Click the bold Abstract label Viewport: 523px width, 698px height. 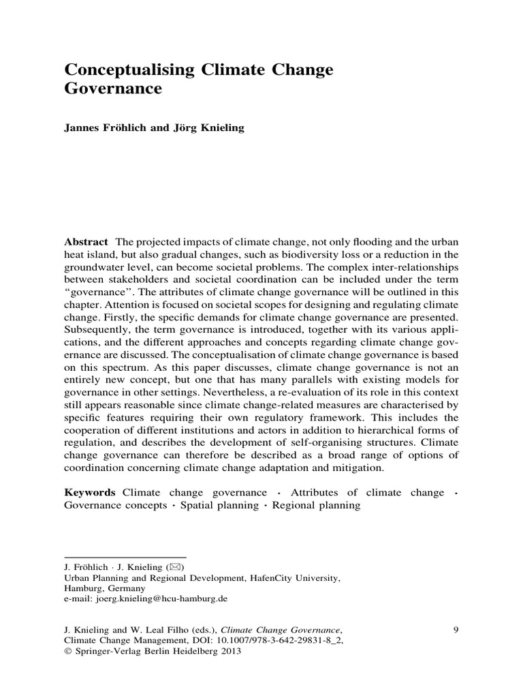(x=86, y=242)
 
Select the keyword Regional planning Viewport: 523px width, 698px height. (x=316, y=506)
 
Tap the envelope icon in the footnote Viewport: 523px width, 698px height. (x=177, y=567)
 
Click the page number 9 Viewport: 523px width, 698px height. (x=456, y=630)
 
